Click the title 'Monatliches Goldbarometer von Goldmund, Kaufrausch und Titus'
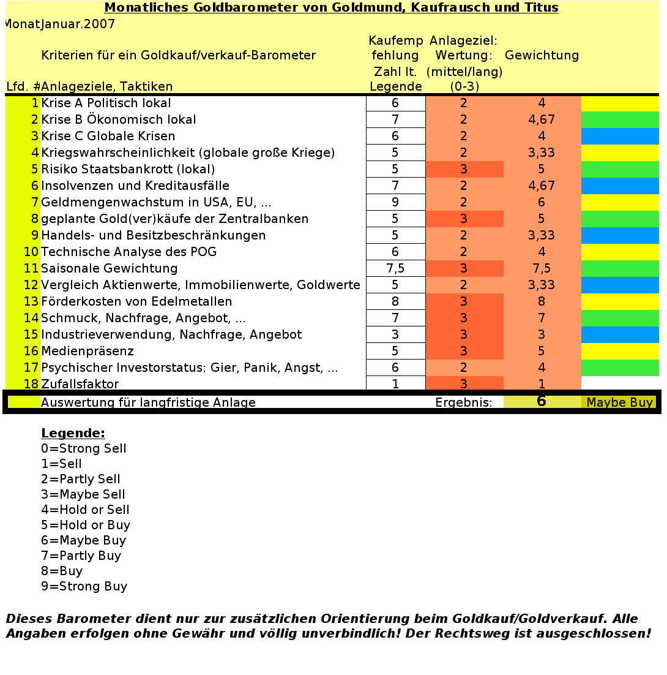click(x=331, y=8)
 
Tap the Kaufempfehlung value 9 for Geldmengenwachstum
click(x=395, y=202)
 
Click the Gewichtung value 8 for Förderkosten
click(x=542, y=301)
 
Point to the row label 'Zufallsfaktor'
click(x=80, y=384)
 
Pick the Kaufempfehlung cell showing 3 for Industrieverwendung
click(x=395, y=334)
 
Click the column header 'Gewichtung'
click(x=542, y=55)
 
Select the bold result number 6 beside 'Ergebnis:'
click(x=541, y=402)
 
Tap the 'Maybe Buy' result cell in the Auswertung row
click(x=619, y=402)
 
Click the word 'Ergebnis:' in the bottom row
click(x=464, y=402)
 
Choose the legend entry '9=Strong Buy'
click(x=84, y=586)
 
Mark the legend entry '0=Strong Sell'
click(x=83, y=448)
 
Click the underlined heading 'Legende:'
click(x=73, y=433)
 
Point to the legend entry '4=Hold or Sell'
click(x=85, y=510)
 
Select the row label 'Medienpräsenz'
click(x=87, y=351)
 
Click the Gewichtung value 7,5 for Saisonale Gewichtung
click(x=542, y=268)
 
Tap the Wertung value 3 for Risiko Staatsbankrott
click(x=464, y=169)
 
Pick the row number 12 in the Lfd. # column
click(x=31, y=285)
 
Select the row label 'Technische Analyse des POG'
click(x=129, y=252)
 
